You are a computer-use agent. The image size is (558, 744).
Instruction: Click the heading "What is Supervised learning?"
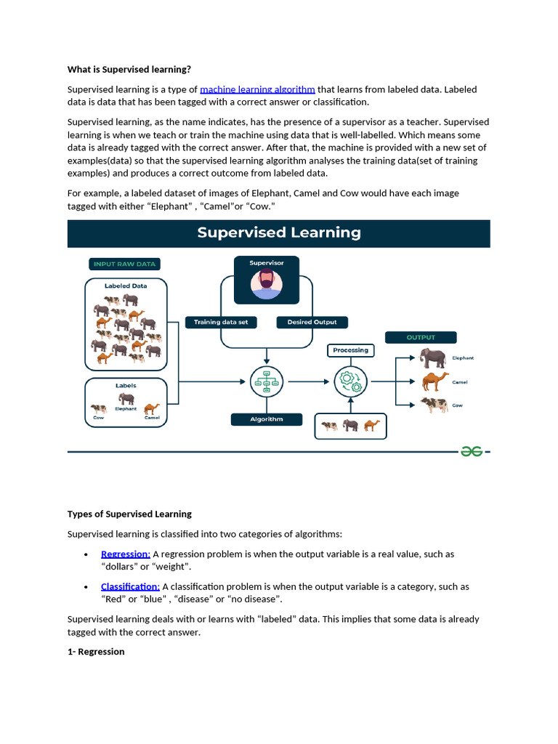(x=129, y=70)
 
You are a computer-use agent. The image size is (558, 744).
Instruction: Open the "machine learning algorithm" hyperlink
(x=257, y=89)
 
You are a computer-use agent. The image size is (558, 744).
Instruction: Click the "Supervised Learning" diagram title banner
(x=279, y=233)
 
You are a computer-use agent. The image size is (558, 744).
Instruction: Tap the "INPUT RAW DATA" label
(x=125, y=264)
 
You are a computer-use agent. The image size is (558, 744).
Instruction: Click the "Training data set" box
(x=221, y=322)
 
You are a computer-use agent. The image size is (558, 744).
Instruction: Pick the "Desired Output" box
(x=312, y=322)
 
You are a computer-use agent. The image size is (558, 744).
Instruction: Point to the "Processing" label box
(x=350, y=350)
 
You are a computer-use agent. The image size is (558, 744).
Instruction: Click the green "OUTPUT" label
(x=421, y=337)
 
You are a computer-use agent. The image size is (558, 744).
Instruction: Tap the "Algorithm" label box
(x=266, y=419)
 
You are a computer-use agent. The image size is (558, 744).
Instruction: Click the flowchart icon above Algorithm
(x=266, y=381)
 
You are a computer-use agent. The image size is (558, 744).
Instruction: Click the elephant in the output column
(x=434, y=357)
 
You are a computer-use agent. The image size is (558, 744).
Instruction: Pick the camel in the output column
(x=434, y=381)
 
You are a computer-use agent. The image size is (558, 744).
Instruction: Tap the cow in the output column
(x=434, y=405)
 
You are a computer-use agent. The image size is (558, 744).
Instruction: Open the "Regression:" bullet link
(x=125, y=554)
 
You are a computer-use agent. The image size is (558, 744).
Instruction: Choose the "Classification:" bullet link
(x=130, y=586)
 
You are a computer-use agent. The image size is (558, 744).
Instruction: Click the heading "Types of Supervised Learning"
(x=129, y=514)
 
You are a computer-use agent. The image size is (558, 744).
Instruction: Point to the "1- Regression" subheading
(x=96, y=652)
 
